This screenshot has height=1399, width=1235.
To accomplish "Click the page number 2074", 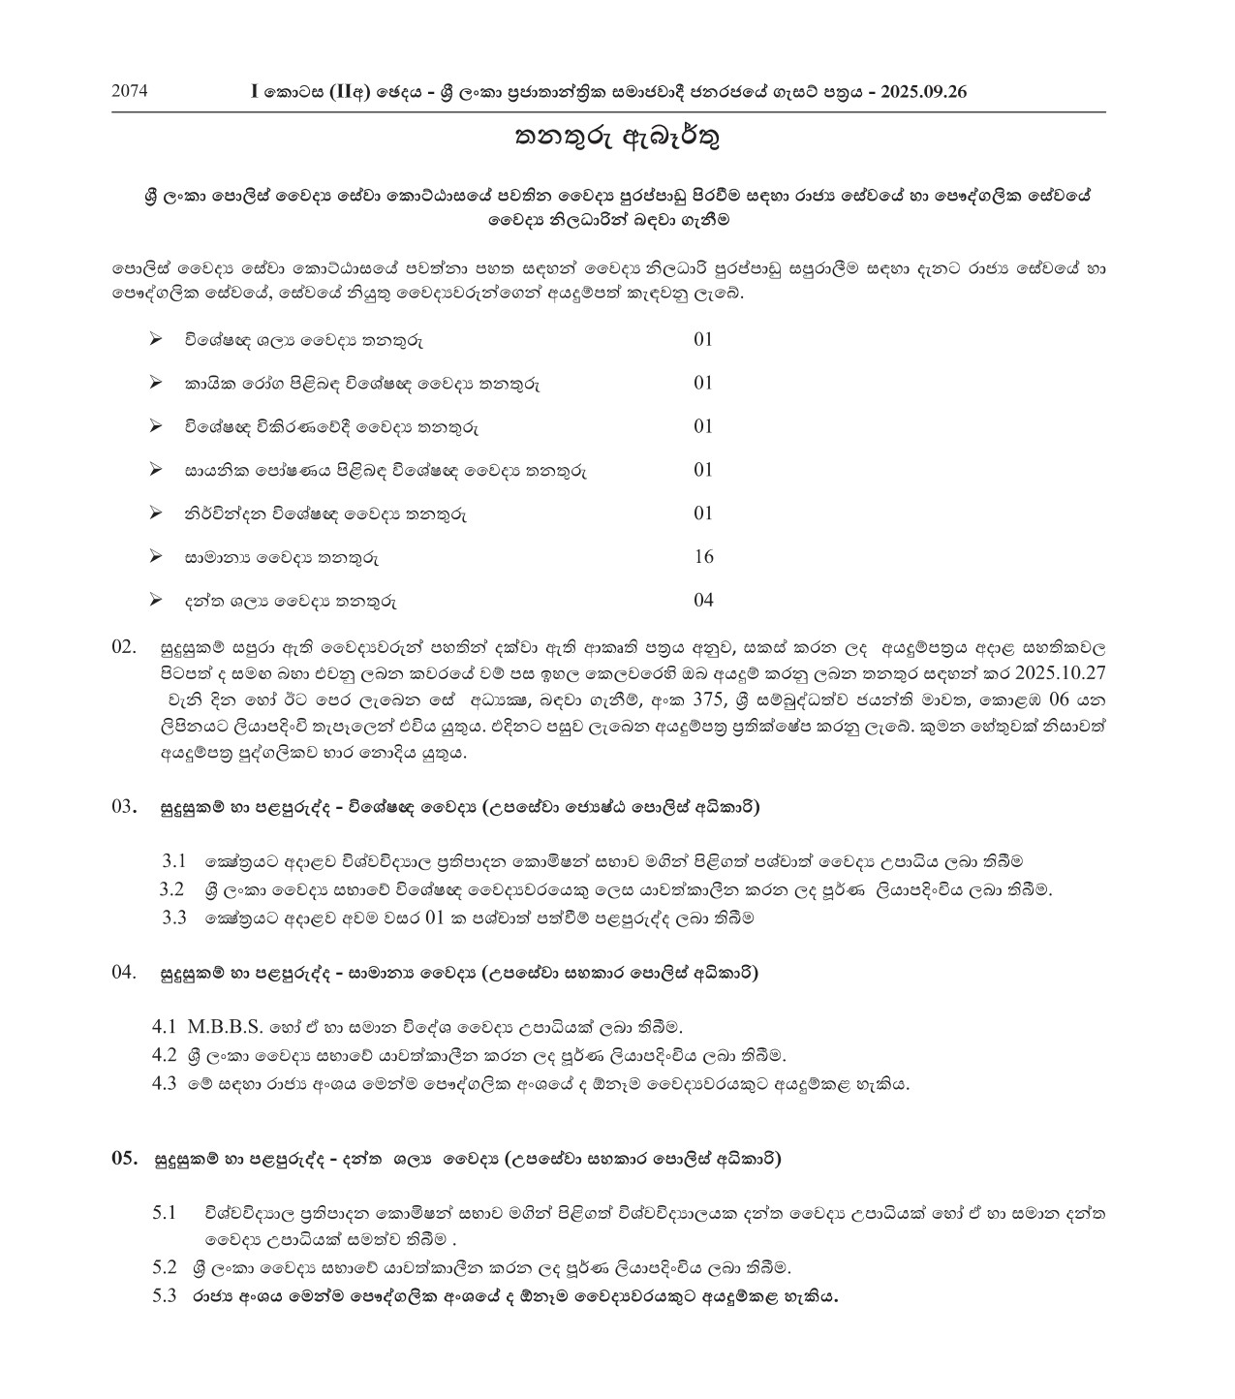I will (x=130, y=92).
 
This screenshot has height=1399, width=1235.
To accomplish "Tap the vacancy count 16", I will (x=703, y=557).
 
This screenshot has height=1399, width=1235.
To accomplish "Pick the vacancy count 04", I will (x=703, y=601).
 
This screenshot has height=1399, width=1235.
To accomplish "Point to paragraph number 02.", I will (x=125, y=646).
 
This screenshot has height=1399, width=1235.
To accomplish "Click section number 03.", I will (x=125, y=806).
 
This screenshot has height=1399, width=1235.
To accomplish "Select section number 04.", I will (x=125, y=972).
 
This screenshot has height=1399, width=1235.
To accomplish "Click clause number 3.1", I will (x=174, y=860).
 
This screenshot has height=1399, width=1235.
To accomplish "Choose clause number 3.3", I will (x=174, y=918).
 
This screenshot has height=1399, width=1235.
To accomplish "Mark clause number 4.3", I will (x=164, y=1084).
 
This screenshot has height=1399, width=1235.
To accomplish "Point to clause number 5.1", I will (x=164, y=1212).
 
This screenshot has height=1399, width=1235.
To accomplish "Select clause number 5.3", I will (x=164, y=1296).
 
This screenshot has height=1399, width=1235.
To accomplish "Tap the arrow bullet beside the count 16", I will (x=155, y=557).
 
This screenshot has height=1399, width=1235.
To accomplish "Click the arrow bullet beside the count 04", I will (x=155, y=601).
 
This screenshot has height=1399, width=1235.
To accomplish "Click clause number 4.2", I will (x=164, y=1055).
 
